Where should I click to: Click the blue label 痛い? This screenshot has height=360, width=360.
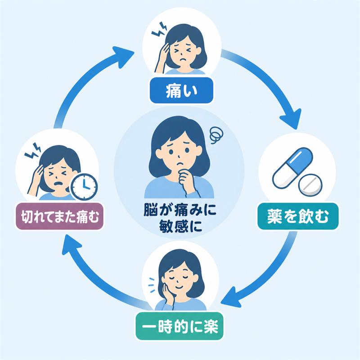pos(181,90)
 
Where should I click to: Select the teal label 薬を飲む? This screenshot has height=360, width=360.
pos(298,216)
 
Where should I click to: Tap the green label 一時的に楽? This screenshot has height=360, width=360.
pos(180,326)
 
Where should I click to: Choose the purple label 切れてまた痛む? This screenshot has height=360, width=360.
pos(59,216)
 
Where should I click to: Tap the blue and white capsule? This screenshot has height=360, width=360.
pos(292,167)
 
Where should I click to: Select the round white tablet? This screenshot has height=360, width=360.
pos(310,185)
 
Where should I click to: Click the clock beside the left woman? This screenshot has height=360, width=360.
pos(84,187)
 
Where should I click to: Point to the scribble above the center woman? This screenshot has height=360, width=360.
pos(216,135)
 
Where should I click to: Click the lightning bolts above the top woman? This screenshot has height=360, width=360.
pos(159,30)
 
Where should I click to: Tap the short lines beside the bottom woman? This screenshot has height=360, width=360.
pos(152,285)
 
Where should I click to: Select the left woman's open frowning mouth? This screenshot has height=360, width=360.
pos(58,184)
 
